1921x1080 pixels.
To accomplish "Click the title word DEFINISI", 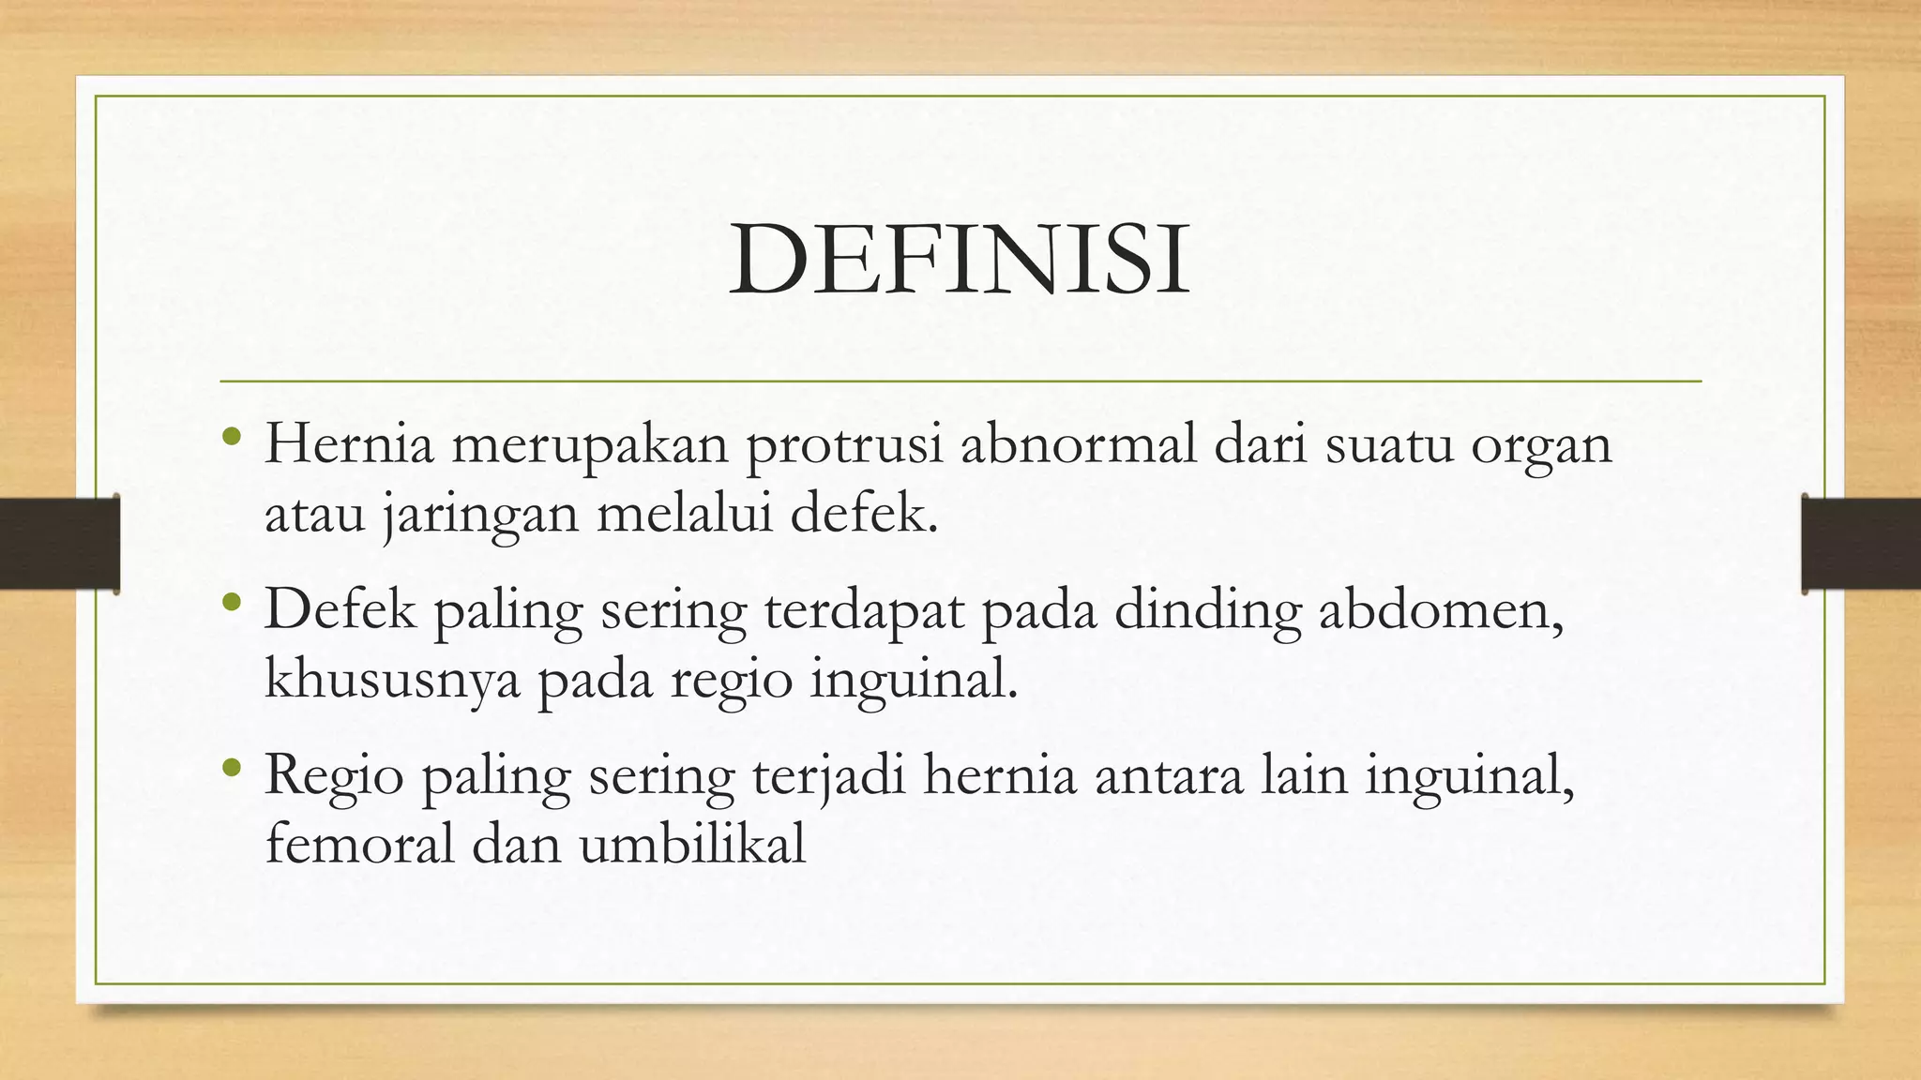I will click(x=960, y=260).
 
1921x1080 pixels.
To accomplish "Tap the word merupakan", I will click(x=590, y=444).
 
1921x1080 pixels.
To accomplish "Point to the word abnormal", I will click(x=1079, y=443).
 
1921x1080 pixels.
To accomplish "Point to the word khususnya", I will click(x=392, y=681).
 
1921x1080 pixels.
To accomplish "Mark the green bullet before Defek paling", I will click(x=233, y=602).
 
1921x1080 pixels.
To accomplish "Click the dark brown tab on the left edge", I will click(x=59, y=543).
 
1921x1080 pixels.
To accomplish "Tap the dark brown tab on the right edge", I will click(x=1861, y=543).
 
